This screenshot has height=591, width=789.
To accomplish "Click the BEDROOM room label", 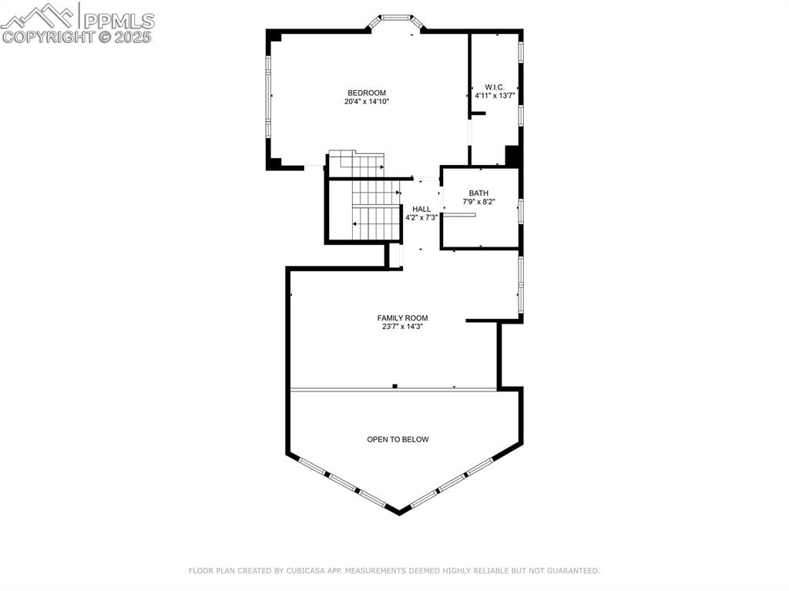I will pyautogui.click(x=366, y=93).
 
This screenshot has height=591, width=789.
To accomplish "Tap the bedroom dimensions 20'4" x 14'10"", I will pyautogui.click(x=366, y=102).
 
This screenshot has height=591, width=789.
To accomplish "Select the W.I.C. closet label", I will pyautogui.click(x=494, y=86).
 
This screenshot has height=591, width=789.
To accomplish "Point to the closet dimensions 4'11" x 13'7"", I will pyautogui.click(x=494, y=96).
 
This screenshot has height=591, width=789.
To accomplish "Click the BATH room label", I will pyautogui.click(x=478, y=193).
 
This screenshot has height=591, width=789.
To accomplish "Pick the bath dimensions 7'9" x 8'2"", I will pyautogui.click(x=478, y=202).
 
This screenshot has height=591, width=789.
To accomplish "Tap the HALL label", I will pyautogui.click(x=421, y=209).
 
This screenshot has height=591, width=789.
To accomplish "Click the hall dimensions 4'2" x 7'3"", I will pyautogui.click(x=421, y=217).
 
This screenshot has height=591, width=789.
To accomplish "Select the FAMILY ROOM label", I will pyautogui.click(x=402, y=317).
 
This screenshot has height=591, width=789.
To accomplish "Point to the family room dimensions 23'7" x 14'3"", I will pyautogui.click(x=402, y=326).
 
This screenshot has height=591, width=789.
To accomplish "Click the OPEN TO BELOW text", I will pyautogui.click(x=398, y=439).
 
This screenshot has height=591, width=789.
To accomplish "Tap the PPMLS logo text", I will pyautogui.click(x=119, y=20).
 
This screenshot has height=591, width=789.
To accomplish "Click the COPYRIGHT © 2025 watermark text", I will pyautogui.click(x=77, y=36).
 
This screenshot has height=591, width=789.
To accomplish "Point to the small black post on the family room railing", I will pyautogui.click(x=394, y=386).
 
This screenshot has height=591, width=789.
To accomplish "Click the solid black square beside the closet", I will pyautogui.click(x=512, y=155).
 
